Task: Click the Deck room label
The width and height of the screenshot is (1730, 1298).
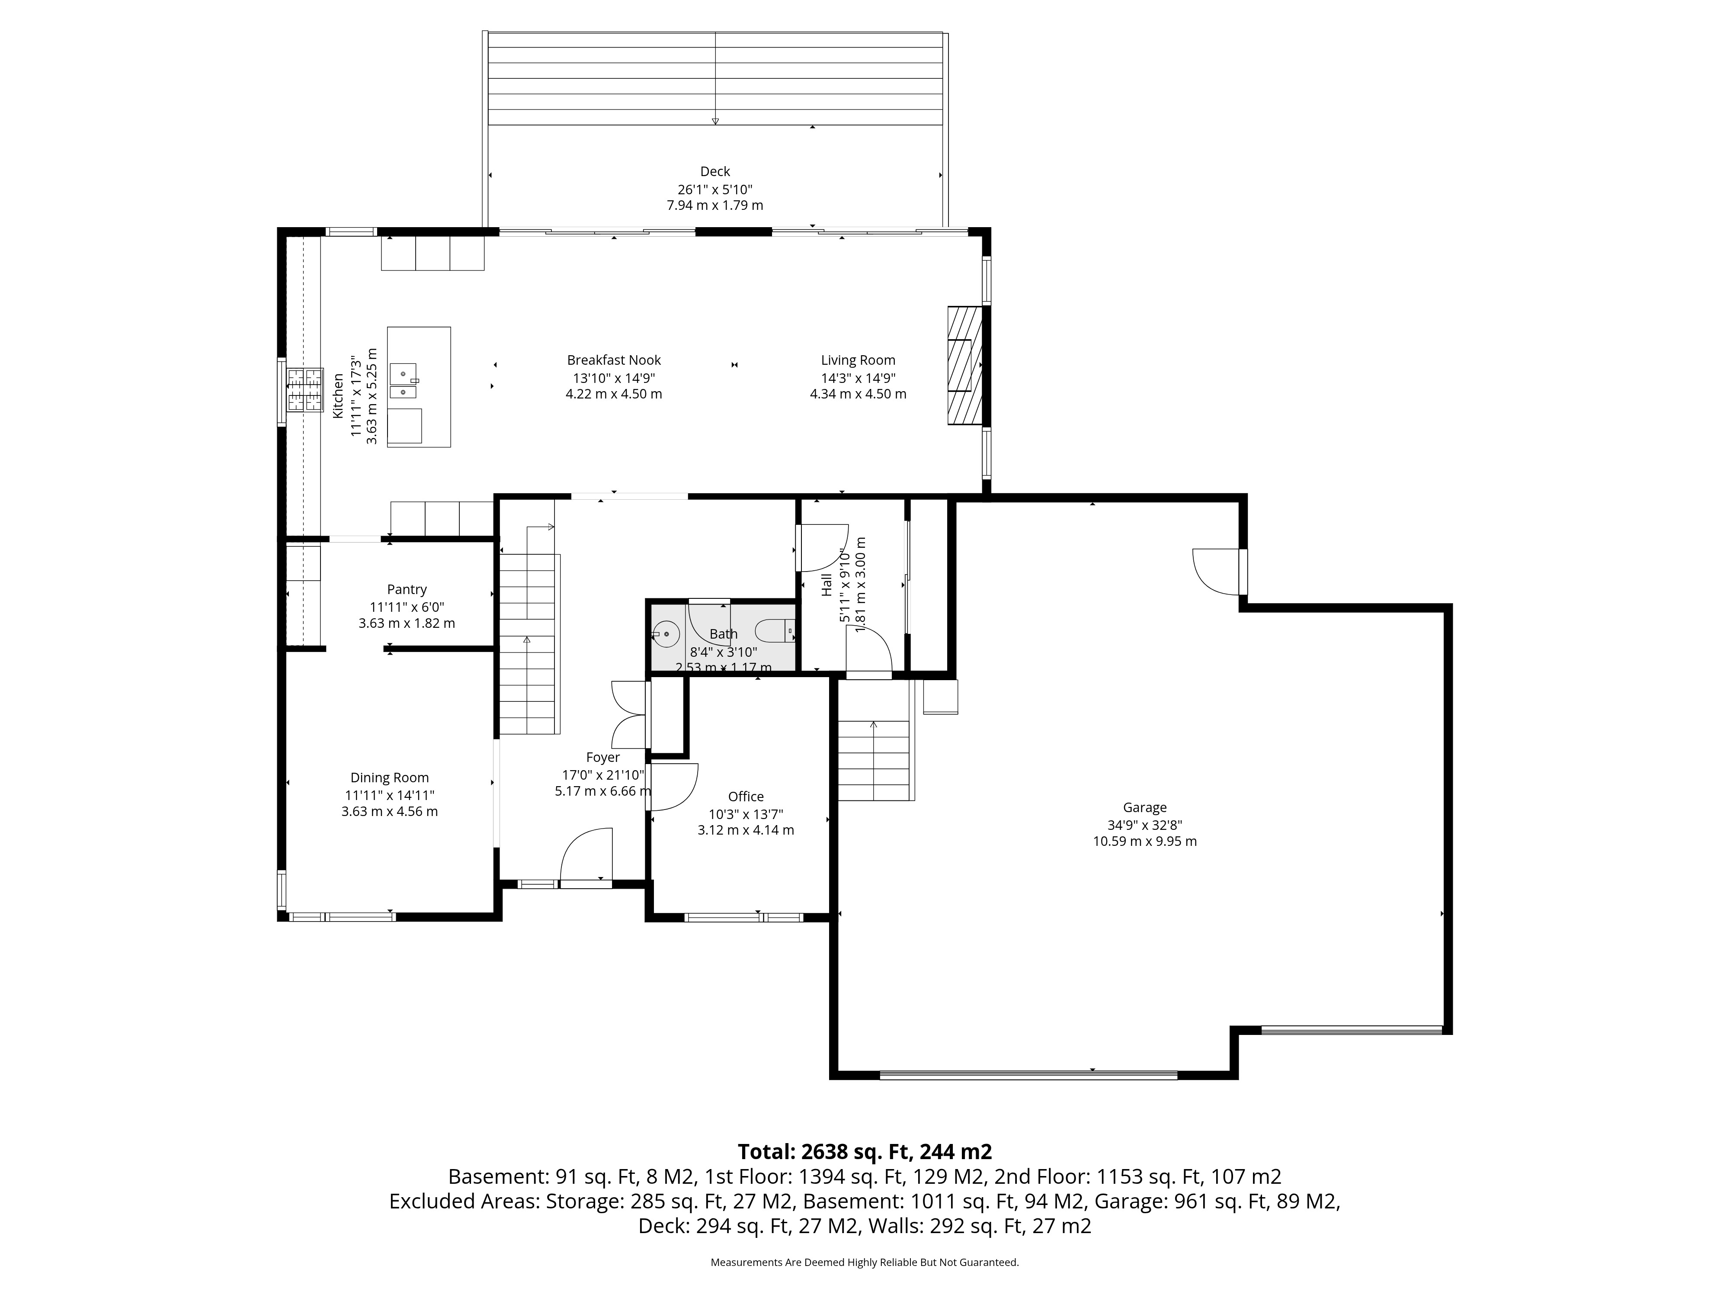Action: click(715, 171)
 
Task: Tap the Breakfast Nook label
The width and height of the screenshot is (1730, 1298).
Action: click(614, 360)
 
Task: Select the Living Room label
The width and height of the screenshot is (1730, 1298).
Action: click(858, 360)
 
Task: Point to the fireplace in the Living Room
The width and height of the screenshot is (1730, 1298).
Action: click(964, 365)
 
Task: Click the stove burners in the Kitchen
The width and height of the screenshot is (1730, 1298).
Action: click(305, 390)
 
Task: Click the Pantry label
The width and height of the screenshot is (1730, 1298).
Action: click(407, 589)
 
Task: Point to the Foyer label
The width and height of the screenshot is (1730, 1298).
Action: click(603, 757)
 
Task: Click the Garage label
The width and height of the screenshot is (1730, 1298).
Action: click(1145, 807)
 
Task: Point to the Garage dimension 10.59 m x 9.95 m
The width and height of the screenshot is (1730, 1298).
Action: click(1145, 841)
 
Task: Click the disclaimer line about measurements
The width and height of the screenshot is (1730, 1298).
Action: click(864, 1262)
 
